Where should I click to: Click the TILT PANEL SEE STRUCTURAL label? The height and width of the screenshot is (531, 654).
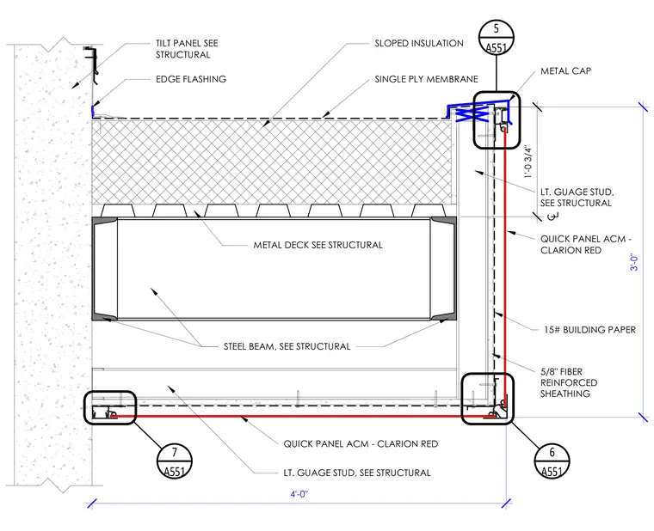click(x=187, y=49)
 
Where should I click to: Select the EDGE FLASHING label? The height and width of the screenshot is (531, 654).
click(x=191, y=79)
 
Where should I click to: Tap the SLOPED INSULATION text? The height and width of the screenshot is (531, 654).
click(x=419, y=43)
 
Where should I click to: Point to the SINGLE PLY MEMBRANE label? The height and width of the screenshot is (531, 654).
click(x=426, y=79)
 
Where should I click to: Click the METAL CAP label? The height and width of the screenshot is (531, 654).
click(x=565, y=71)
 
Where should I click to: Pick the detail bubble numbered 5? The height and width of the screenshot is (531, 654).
click(x=497, y=38)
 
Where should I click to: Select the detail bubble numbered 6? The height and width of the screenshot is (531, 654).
click(x=552, y=461)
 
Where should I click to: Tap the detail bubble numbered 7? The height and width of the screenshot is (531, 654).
click(x=175, y=461)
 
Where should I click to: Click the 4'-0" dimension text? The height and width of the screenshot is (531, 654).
click(x=299, y=494)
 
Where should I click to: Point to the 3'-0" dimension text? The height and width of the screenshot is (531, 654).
click(x=634, y=262)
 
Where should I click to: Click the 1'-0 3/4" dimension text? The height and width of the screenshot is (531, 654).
click(x=528, y=162)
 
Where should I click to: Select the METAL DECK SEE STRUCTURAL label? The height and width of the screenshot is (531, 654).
click(x=318, y=245)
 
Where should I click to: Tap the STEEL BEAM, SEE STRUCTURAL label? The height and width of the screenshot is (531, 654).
click(x=287, y=346)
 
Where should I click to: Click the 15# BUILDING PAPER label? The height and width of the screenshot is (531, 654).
click(x=589, y=330)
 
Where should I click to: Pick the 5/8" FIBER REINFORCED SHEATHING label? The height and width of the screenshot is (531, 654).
click(x=569, y=382)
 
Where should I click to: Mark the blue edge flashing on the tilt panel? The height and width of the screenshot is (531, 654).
click(x=93, y=111)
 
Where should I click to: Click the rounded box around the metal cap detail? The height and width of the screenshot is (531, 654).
click(x=474, y=120)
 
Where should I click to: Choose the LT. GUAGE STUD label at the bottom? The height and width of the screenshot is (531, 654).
click(x=357, y=473)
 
